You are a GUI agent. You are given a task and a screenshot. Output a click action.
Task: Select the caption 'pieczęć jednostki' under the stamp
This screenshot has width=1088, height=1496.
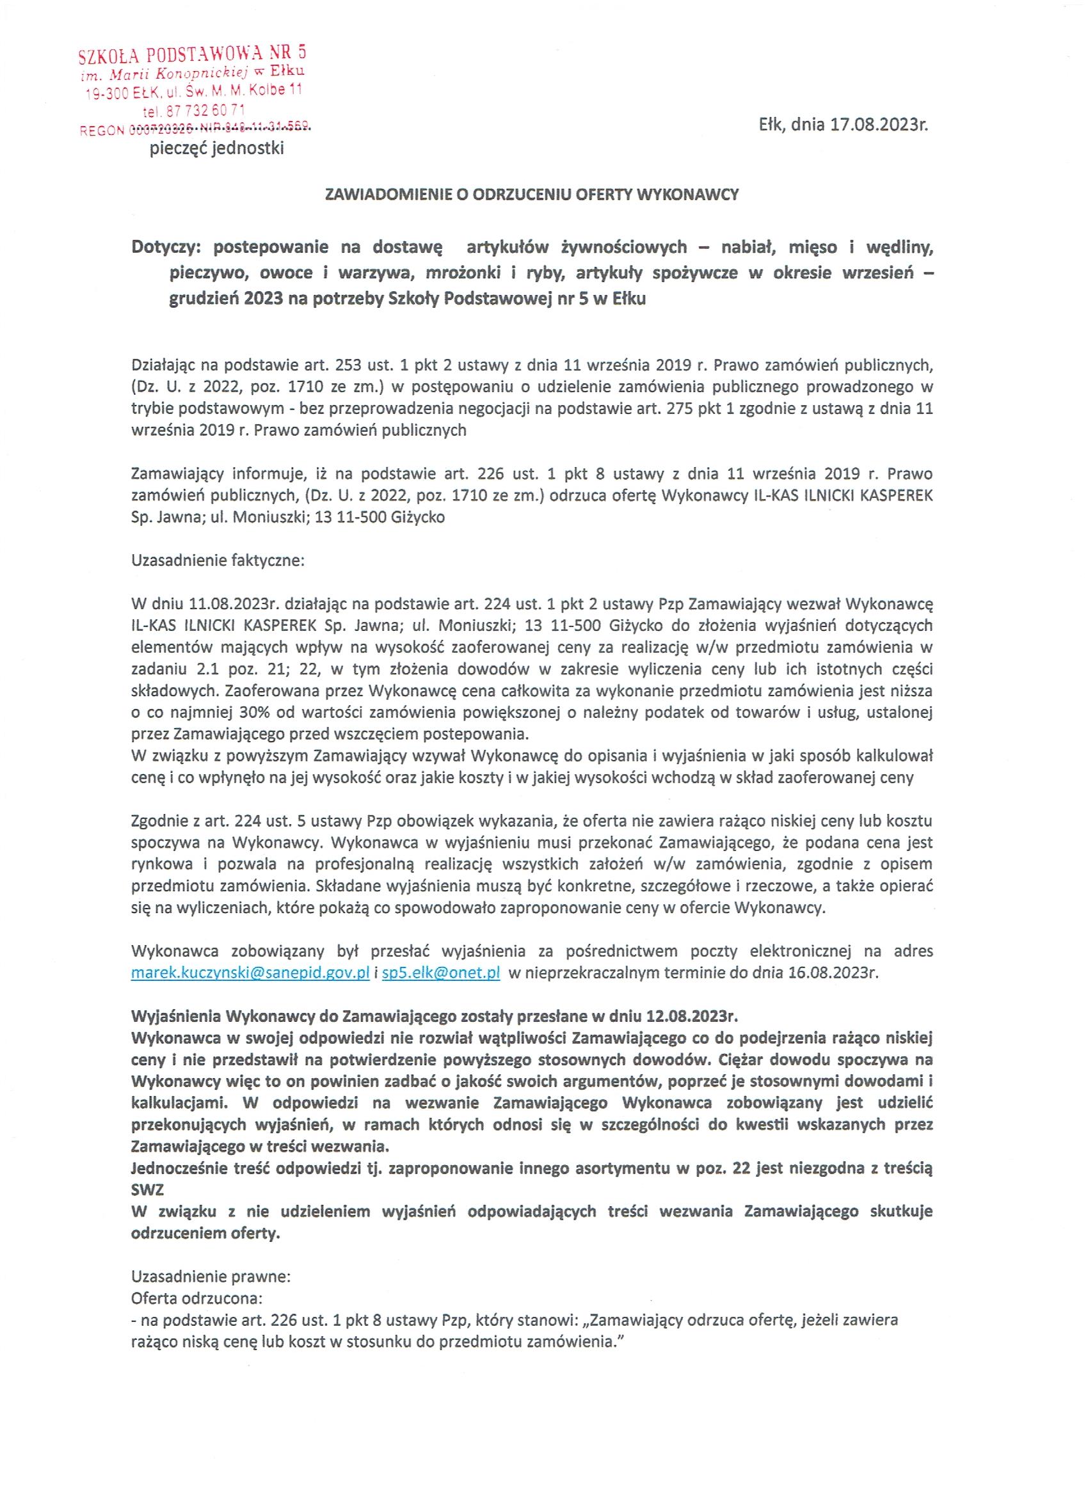click(x=217, y=149)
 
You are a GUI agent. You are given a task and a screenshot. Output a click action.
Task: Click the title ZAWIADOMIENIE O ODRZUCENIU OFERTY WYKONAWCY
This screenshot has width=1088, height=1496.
click(x=532, y=195)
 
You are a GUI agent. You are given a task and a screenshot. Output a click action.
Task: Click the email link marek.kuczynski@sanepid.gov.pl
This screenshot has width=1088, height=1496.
click(x=250, y=974)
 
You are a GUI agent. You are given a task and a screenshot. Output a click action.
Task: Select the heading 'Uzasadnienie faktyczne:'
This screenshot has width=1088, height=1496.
click(x=218, y=561)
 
